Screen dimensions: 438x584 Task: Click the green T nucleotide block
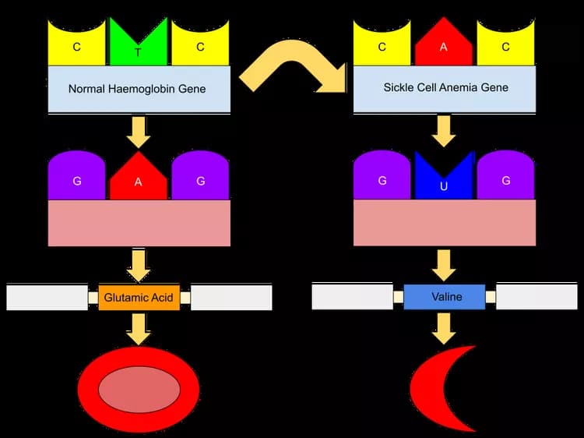pos(139,45)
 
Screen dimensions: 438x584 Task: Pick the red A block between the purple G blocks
pos(139,181)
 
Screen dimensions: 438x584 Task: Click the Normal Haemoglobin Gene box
pos(139,89)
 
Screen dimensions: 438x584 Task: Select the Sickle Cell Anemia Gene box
pos(445,87)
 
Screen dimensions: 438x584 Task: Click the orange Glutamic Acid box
pos(139,297)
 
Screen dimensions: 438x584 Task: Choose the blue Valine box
pos(445,297)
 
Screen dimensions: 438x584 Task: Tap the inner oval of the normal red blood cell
pos(139,388)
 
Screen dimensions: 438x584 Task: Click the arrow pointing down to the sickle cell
pos(445,327)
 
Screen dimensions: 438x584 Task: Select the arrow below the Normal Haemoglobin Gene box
pos(139,131)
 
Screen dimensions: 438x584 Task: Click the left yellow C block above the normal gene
pos(77,45)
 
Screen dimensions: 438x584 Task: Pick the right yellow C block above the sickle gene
pos(506,45)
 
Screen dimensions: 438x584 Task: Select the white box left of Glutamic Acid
pos(47,297)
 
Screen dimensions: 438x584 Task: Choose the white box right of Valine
pos(537,296)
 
